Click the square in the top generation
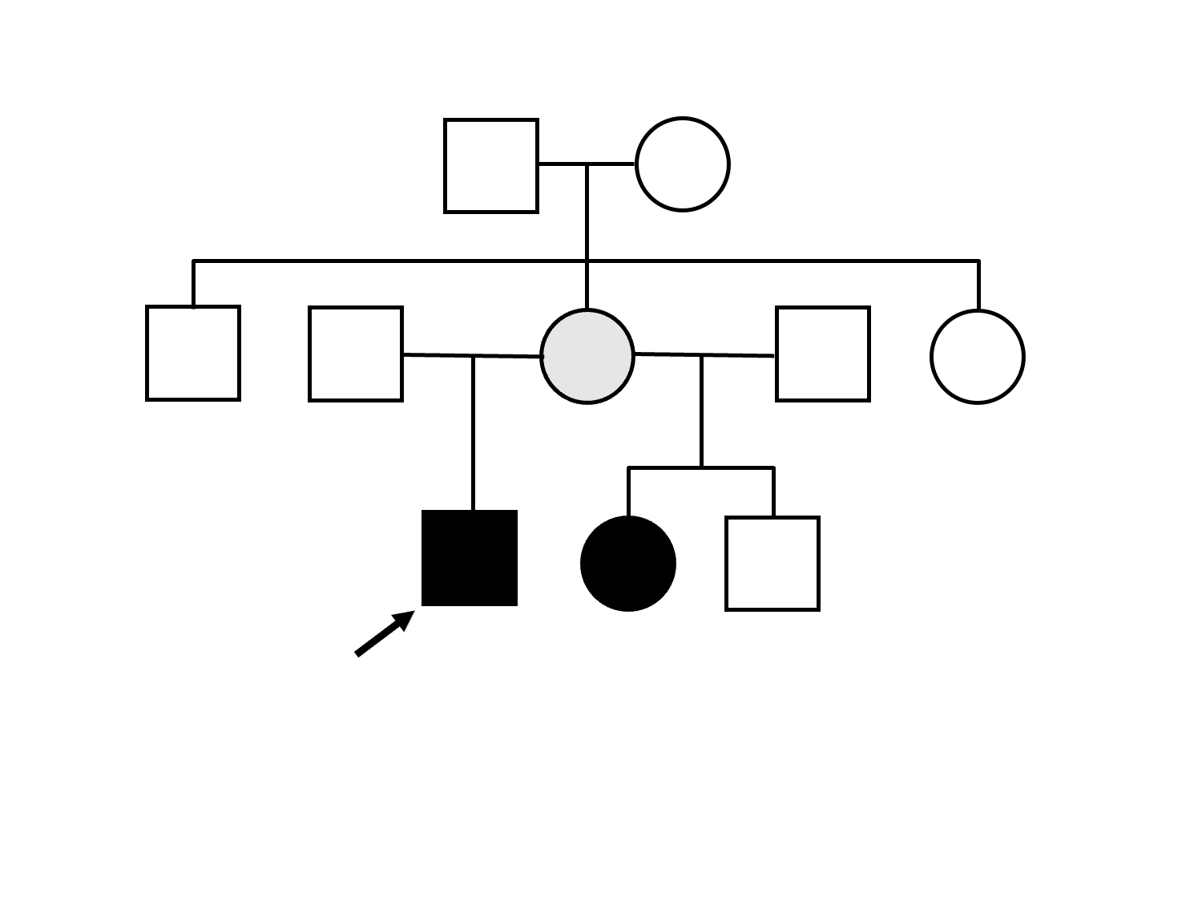tap(491, 166)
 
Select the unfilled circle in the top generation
tap(682, 165)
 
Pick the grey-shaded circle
tap(587, 356)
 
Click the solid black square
tap(470, 558)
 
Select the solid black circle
tap(628, 564)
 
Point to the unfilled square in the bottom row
tap(772, 564)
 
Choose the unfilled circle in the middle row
tap(978, 357)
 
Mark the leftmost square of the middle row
tap(193, 353)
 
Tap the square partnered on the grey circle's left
tap(356, 354)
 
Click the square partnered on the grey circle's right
tap(823, 354)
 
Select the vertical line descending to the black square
tap(474, 433)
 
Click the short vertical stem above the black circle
tap(629, 491)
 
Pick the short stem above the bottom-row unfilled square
tap(773, 492)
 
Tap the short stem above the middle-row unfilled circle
tap(978, 285)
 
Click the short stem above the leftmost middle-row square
tap(193, 284)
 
